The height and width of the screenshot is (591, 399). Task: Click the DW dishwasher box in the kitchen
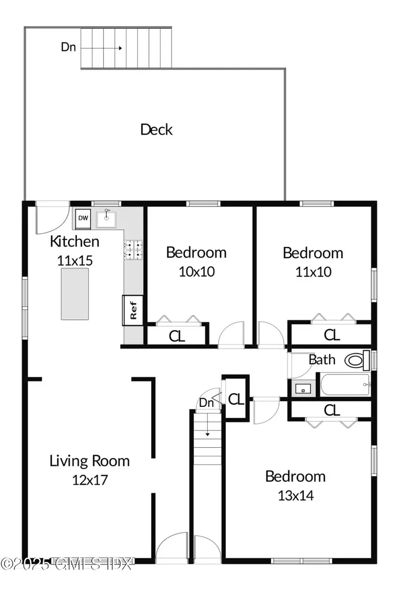pos(83,218)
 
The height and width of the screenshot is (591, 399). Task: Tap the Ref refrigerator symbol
pos(133,311)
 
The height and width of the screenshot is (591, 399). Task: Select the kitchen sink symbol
pos(106,218)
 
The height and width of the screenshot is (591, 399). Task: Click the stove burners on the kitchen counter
pos(133,249)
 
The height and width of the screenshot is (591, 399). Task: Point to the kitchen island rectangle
pos(76,294)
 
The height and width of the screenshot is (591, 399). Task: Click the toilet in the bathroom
pos(357,361)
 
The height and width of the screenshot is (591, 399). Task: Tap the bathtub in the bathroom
pos(345,385)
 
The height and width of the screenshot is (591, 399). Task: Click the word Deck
pos(156,129)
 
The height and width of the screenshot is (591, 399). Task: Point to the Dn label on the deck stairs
pos(68,47)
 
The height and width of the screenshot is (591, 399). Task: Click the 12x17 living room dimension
pos(89,479)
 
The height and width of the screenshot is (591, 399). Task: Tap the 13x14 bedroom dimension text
pos(295,495)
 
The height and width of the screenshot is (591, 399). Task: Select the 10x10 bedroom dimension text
pos(196,271)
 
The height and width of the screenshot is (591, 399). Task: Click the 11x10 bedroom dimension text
pos(313,271)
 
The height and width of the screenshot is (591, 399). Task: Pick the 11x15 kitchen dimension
pos(74,260)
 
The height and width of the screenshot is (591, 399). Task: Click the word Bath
pos(322,360)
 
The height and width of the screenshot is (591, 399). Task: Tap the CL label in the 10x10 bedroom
pos(177,336)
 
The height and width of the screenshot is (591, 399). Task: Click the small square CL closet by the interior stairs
pos(236,399)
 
